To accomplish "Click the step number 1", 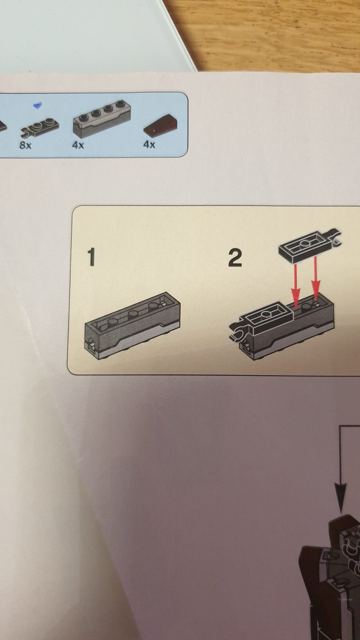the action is point(91,257).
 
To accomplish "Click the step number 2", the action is point(235,258).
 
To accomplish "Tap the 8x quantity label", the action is point(25,145).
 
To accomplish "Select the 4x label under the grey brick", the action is point(78,145).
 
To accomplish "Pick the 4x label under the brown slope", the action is point(149,145).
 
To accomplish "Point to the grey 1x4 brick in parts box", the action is point(102,118).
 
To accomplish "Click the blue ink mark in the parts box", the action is point(38,105).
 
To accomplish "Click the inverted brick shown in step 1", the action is point(133,326).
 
